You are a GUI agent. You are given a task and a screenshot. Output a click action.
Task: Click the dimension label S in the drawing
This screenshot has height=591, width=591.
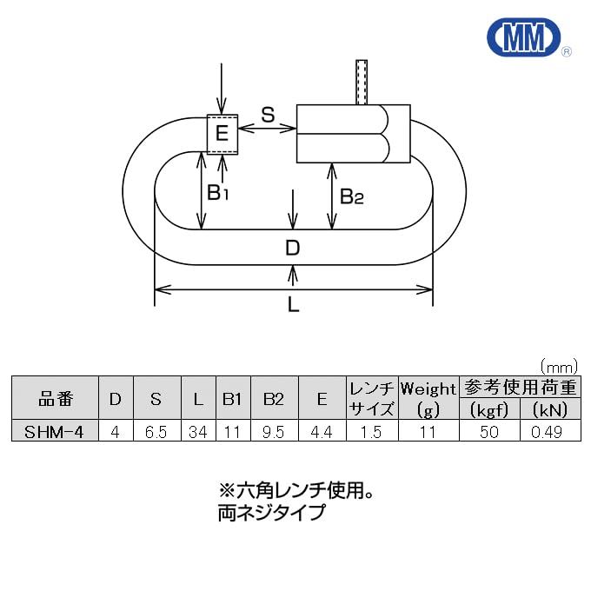point(268,114)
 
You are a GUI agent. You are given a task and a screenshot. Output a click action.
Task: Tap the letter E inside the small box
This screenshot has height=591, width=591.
point(222,133)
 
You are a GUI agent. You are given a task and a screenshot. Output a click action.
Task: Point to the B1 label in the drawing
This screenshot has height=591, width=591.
point(216,192)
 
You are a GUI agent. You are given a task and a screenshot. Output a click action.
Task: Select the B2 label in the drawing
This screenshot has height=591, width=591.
point(351,196)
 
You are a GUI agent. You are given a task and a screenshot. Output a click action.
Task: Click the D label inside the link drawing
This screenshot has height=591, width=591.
point(293,249)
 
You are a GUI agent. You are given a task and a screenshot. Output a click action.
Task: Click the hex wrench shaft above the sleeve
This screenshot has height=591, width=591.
point(362,83)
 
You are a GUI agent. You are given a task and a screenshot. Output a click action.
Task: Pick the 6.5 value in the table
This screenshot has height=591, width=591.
point(156,431)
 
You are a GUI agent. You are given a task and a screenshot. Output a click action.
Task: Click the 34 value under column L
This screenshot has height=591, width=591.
point(198,431)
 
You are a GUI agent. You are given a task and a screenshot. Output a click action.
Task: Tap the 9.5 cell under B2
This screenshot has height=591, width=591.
point(273,431)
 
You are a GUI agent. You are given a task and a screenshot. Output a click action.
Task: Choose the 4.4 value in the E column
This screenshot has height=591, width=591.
point(322,431)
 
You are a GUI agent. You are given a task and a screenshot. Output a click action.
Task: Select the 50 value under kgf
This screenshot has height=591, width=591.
point(489,431)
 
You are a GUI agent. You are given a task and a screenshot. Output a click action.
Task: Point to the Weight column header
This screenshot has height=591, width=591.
point(428,388)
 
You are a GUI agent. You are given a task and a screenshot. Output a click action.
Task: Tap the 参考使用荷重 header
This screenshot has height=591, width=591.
point(520,388)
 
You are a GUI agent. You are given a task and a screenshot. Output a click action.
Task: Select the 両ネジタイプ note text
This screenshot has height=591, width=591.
point(270,513)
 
